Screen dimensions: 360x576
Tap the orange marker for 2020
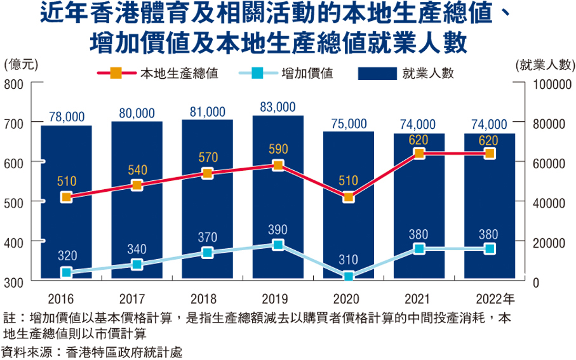point(348,197)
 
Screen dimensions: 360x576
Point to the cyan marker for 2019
point(278,244)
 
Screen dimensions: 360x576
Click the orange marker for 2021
point(419,154)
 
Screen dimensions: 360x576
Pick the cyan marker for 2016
point(66,272)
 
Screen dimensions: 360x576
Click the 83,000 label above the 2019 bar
point(278,107)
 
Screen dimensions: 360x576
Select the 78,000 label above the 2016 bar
point(67,116)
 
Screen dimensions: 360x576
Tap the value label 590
point(278,150)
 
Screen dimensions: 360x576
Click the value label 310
point(348,260)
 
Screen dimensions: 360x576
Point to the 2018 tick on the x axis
point(207,298)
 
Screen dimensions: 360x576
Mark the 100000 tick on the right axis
point(550,84)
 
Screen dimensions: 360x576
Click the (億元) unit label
point(21,63)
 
